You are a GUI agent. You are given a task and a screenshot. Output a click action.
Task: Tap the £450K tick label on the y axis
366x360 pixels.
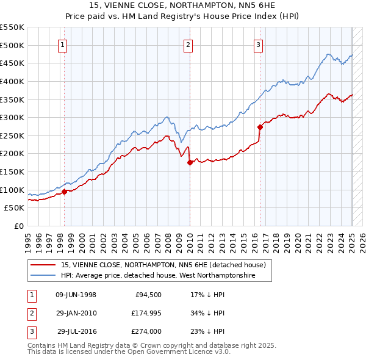click(12, 63)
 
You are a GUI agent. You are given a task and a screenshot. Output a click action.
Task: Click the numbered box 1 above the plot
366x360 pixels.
click(63, 44)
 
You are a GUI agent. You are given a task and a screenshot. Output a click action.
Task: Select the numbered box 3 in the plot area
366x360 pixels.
click(259, 44)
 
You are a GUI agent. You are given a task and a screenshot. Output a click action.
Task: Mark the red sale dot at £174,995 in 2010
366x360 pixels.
click(190, 162)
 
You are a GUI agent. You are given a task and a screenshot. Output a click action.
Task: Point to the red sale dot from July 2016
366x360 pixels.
click(260, 127)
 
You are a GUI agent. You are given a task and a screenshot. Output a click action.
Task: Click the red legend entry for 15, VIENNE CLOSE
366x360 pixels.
click(163, 265)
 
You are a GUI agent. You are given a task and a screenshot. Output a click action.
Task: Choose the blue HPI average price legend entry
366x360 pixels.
click(157, 276)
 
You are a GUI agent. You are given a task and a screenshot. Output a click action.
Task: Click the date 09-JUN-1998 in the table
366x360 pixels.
click(76, 295)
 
